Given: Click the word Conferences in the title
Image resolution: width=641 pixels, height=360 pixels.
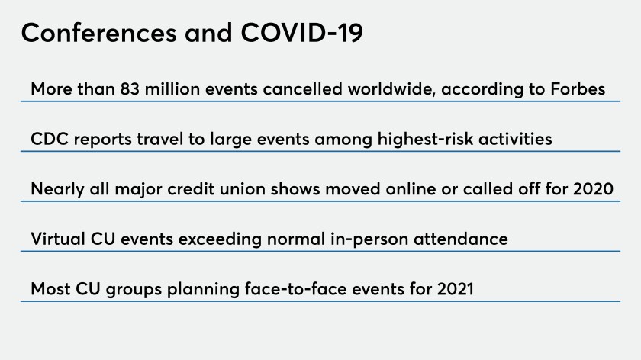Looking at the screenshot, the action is (x=99, y=33).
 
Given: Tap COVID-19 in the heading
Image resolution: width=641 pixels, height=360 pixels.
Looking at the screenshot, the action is (x=301, y=33).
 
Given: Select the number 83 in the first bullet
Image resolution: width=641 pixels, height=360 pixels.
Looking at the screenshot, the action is (x=130, y=89).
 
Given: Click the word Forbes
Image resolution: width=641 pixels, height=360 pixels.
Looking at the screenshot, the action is (x=578, y=89).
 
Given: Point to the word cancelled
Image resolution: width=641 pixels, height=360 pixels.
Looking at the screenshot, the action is (x=302, y=89).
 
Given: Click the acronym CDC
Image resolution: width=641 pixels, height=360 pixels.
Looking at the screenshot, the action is (x=50, y=139).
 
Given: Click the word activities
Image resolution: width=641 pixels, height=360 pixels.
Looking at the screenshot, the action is (x=515, y=139).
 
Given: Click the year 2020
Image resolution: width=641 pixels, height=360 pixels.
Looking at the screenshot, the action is (x=593, y=189).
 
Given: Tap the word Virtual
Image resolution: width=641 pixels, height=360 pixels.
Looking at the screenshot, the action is (x=58, y=239).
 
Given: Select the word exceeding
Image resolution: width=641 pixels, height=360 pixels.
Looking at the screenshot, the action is (x=220, y=239).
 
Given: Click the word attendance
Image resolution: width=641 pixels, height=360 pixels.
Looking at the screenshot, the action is (x=461, y=239).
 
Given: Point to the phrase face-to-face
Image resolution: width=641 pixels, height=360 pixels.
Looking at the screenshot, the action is (x=295, y=289).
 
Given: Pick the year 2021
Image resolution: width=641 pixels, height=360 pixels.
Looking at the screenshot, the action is (x=456, y=289).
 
